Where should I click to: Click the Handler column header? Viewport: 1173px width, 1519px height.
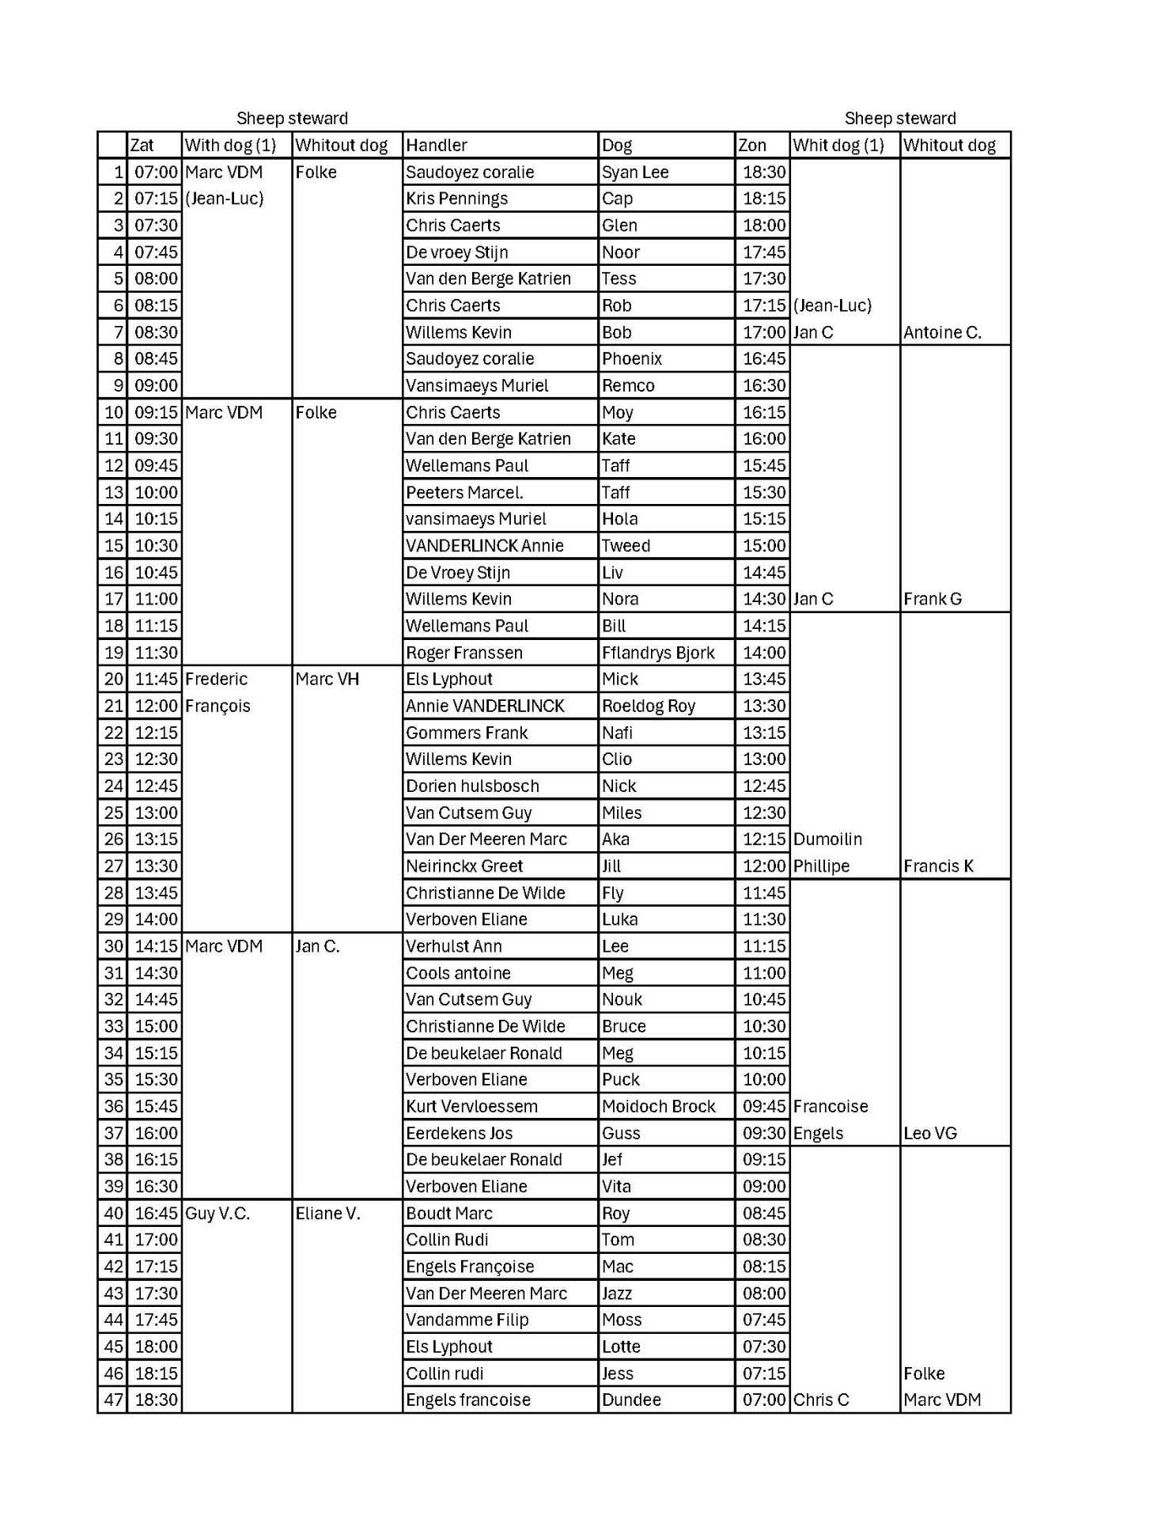click(437, 146)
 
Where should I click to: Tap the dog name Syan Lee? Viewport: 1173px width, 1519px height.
click(635, 172)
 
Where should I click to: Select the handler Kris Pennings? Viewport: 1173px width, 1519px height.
click(456, 199)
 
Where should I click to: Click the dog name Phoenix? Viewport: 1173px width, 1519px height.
click(632, 359)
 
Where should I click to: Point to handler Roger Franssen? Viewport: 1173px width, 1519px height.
click(464, 653)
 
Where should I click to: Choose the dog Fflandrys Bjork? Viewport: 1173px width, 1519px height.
click(658, 653)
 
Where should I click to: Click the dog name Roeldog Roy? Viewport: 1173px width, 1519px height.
click(649, 706)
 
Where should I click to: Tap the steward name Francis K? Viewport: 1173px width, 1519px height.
click(938, 866)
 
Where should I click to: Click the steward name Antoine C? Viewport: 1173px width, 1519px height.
click(942, 332)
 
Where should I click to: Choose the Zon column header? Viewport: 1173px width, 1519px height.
click(752, 146)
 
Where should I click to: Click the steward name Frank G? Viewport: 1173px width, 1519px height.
click(933, 599)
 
